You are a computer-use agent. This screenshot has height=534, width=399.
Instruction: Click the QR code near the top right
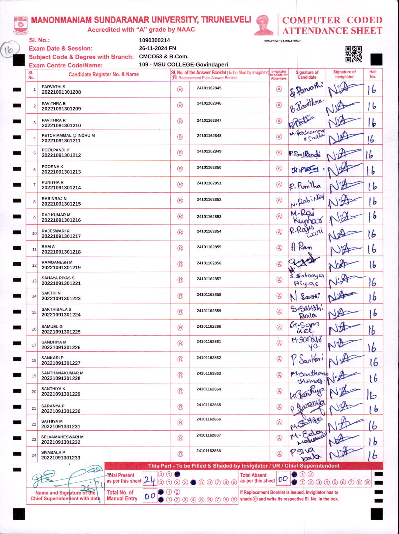(353, 54)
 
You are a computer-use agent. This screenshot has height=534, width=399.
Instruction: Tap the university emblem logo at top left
(21, 25)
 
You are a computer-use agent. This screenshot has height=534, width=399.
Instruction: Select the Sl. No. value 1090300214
(154, 40)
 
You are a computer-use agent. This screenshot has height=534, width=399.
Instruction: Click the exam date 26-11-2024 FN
(157, 48)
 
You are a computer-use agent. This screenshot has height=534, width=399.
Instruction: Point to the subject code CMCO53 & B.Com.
(164, 56)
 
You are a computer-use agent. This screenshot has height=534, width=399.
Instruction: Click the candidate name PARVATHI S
(53, 87)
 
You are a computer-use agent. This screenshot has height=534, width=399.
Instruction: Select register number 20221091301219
(61, 268)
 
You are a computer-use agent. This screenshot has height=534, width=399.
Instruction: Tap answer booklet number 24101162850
(209, 168)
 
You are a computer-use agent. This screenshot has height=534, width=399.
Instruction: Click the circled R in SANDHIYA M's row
(180, 343)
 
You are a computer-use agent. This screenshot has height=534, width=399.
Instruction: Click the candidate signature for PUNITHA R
(305, 186)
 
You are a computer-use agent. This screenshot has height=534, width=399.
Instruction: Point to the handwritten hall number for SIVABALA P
(373, 455)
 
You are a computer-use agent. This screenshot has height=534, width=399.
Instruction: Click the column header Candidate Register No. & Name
(103, 75)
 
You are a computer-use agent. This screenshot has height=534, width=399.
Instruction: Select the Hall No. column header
(373, 74)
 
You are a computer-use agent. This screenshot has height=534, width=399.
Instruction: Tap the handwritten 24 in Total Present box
(150, 481)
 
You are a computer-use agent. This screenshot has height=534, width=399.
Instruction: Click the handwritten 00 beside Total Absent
(283, 479)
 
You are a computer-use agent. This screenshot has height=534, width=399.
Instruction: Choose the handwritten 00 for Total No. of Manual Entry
(150, 496)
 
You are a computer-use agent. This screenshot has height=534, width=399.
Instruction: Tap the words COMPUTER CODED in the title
(332, 20)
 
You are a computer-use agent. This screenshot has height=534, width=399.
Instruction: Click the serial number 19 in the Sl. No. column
(34, 376)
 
